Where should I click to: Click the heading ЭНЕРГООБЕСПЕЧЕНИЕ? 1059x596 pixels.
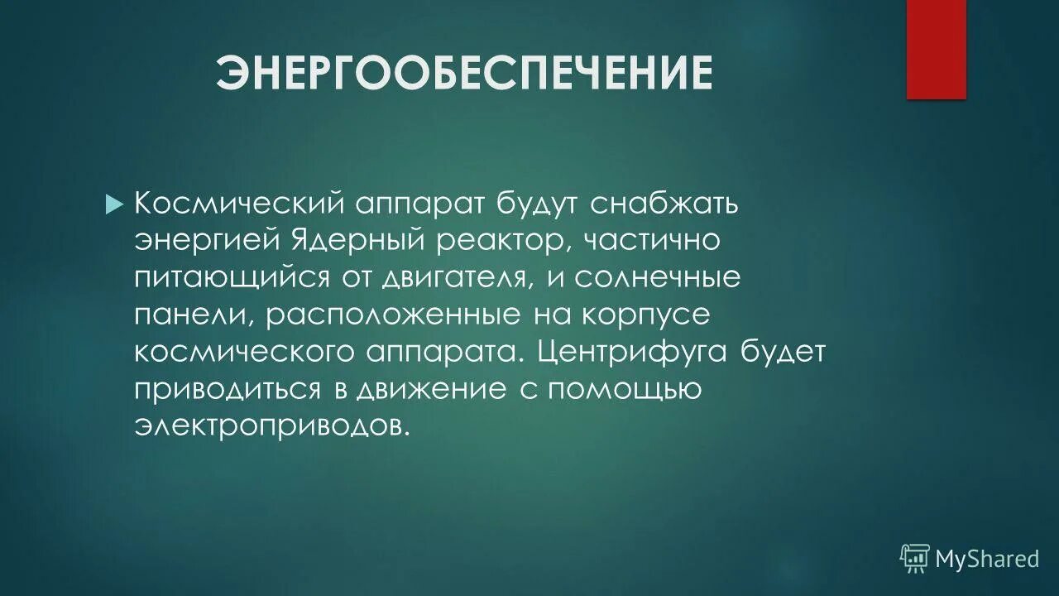(x=464, y=74)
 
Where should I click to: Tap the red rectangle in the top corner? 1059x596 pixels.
(x=936, y=50)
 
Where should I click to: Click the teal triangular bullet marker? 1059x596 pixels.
(x=114, y=204)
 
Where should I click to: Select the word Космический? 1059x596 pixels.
(x=240, y=204)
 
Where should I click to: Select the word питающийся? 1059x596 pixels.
(x=232, y=279)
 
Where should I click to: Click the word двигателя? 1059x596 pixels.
(x=454, y=279)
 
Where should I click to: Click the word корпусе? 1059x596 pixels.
(x=651, y=315)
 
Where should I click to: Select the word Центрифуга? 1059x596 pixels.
(x=632, y=352)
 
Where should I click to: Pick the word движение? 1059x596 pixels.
(x=431, y=389)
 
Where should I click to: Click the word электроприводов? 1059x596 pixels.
(x=272, y=425)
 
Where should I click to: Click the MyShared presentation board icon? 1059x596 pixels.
(x=915, y=559)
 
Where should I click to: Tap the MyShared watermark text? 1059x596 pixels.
(x=987, y=560)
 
